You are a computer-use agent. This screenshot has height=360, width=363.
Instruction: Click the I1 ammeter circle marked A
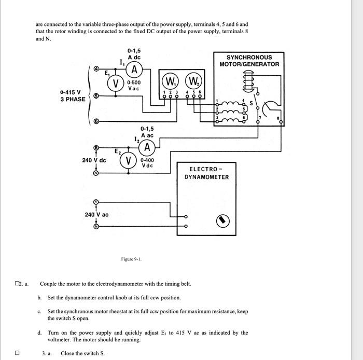(134, 70)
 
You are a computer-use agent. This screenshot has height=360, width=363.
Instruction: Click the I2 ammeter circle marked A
(148, 148)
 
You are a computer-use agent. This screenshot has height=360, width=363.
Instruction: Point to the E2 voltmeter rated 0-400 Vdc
(128, 160)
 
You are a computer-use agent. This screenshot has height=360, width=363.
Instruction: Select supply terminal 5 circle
(96, 96)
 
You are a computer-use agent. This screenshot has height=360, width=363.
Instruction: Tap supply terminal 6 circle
(96, 122)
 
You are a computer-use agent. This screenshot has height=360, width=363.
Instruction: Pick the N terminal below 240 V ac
(95, 227)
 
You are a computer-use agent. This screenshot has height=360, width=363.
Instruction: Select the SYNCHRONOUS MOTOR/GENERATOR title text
(249, 61)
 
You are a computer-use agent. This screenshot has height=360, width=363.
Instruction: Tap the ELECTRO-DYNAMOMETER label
(206, 173)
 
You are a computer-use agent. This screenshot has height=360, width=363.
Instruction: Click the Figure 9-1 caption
(130, 259)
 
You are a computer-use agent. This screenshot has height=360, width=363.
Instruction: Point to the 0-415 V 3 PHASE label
(73, 96)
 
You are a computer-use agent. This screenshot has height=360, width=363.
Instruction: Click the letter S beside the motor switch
(252, 103)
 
